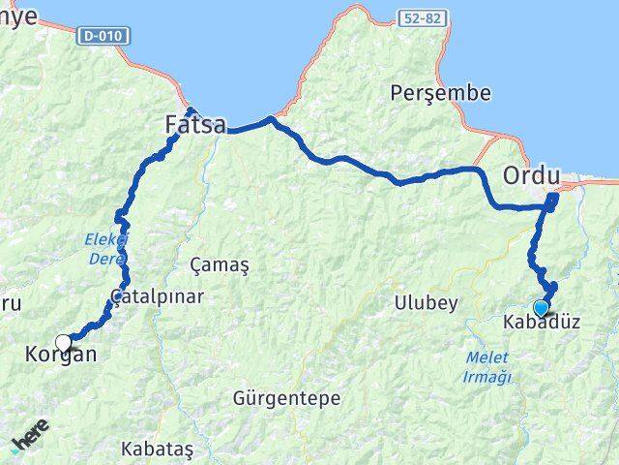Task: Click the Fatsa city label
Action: coord(194,125)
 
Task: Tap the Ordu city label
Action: coord(531,176)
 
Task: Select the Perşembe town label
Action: coord(440,94)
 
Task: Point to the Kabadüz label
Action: coord(542,324)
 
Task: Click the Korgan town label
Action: coord(60,355)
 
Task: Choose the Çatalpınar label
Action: coord(157,296)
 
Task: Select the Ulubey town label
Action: coord(426,302)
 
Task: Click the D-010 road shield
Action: coord(103,36)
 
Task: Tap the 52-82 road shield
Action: coord(422,18)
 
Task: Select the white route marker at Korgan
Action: coord(64,342)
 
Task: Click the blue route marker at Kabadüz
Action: coord(540,308)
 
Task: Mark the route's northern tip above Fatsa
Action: coord(191,110)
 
